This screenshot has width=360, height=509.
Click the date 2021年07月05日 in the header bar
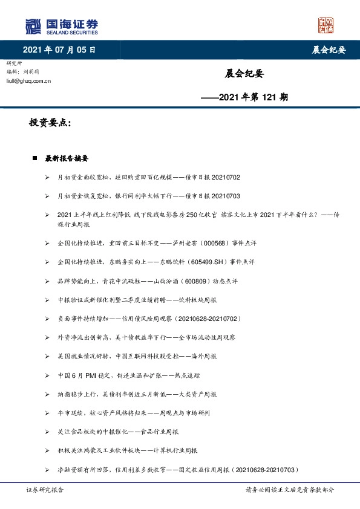tap(59, 50)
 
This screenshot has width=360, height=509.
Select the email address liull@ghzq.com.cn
tap(28, 80)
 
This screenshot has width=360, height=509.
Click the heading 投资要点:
tap(51, 123)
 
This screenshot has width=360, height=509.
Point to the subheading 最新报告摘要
tap(67, 159)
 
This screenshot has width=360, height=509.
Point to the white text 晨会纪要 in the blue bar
tap(329, 50)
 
